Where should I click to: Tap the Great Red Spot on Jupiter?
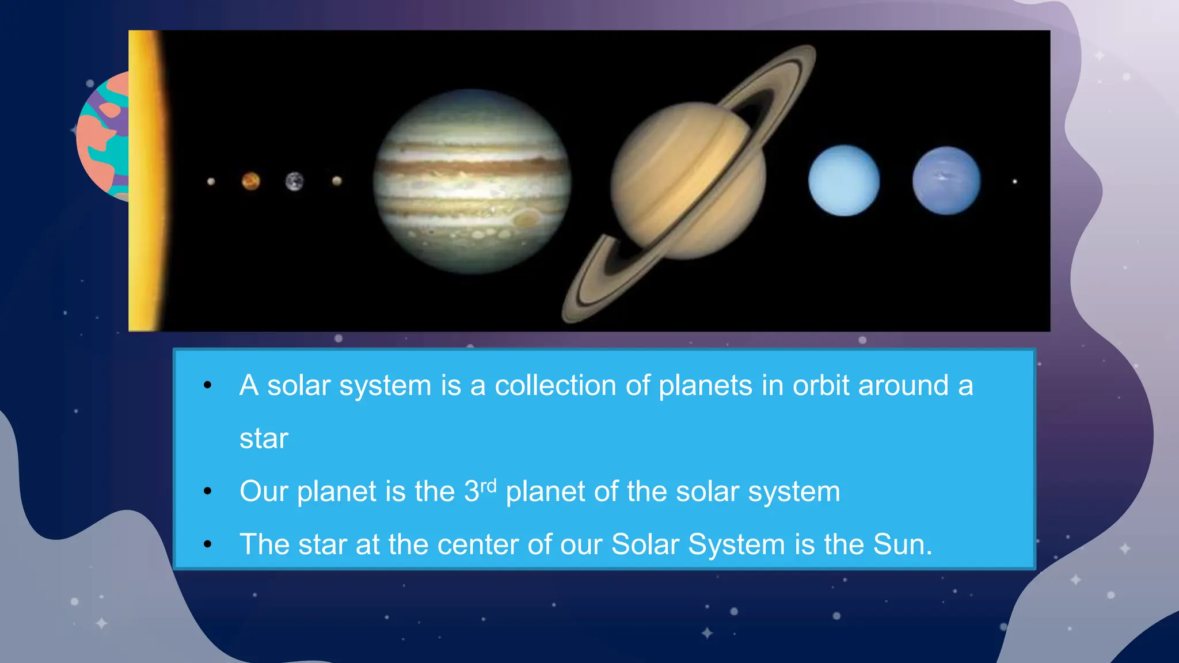tap(526, 218)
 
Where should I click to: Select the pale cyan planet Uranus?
tap(844, 181)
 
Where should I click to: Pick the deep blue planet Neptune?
tap(946, 181)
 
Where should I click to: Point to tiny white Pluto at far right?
tap(1015, 182)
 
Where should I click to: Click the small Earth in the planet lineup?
tap(294, 181)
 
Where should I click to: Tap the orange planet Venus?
tap(250, 181)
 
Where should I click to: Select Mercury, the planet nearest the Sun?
tap(211, 182)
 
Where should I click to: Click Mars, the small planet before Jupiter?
tap(337, 181)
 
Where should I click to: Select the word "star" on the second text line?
tap(263, 439)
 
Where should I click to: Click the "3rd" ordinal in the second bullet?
tap(480, 490)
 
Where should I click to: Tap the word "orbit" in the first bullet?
tap(820, 386)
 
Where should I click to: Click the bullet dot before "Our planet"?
tap(208, 491)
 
